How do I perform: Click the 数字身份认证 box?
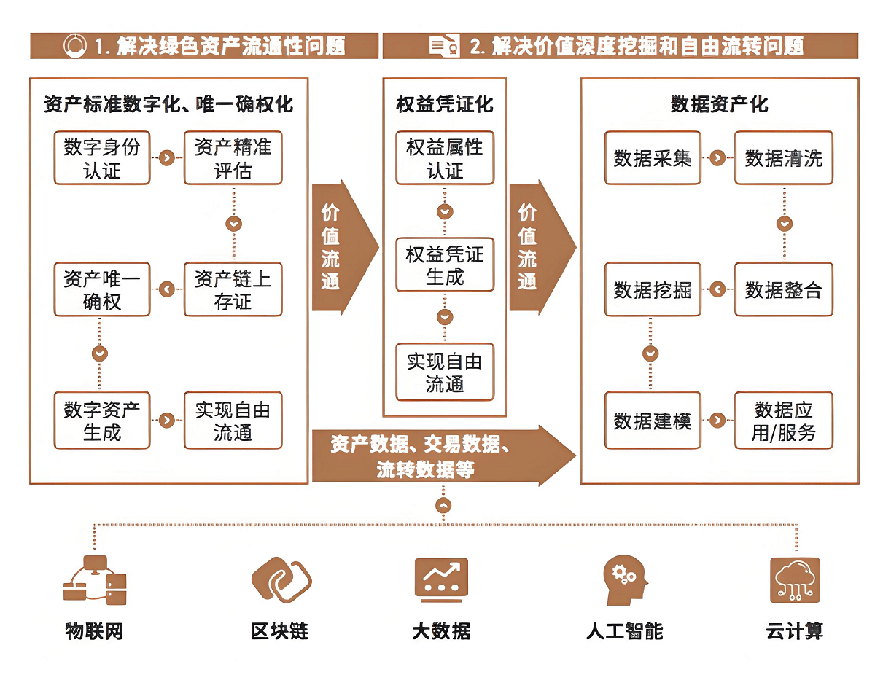[x=102, y=158]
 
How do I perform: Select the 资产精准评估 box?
[x=233, y=158]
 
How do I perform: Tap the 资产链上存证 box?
[x=233, y=289]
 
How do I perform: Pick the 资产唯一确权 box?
[x=102, y=289]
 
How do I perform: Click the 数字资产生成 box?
[x=102, y=421]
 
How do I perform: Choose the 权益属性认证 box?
[x=445, y=158]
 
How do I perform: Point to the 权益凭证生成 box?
[x=445, y=265]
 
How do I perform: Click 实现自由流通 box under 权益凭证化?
[x=445, y=372]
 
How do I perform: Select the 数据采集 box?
[x=653, y=158]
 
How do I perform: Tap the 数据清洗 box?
[x=783, y=158]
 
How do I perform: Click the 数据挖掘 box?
[x=653, y=289]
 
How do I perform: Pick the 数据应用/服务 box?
[x=783, y=421]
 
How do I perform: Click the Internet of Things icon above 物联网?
[x=94, y=579]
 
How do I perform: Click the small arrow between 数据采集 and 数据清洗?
[x=717, y=158]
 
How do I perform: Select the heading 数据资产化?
[x=719, y=104]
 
